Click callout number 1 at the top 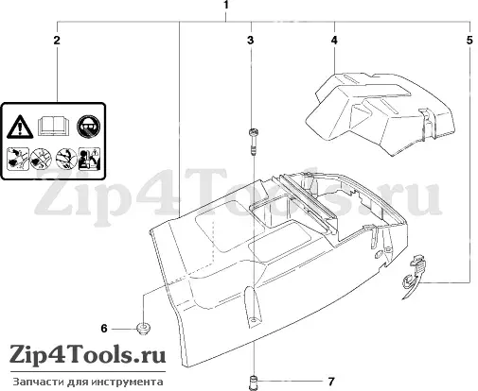point(226,6)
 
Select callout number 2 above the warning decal point(57,41)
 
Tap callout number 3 point(251,41)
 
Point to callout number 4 point(334,41)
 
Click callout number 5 point(469,41)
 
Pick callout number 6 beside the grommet point(104,329)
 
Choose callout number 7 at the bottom point(331,382)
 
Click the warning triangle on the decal point(20,127)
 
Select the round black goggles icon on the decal point(88,127)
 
